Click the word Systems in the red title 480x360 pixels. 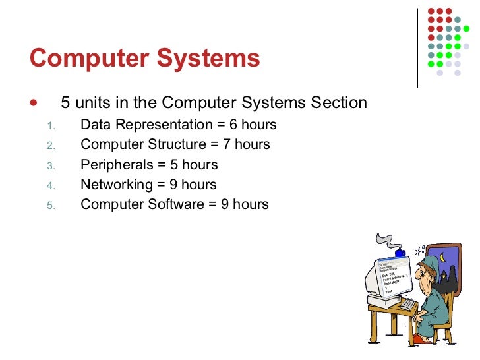coord(210,59)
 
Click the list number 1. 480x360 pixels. coord(53,126)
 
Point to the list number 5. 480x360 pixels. coord(53,205)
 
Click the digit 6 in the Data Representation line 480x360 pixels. coord(233,125)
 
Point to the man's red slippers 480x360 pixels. coord(422,340)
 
